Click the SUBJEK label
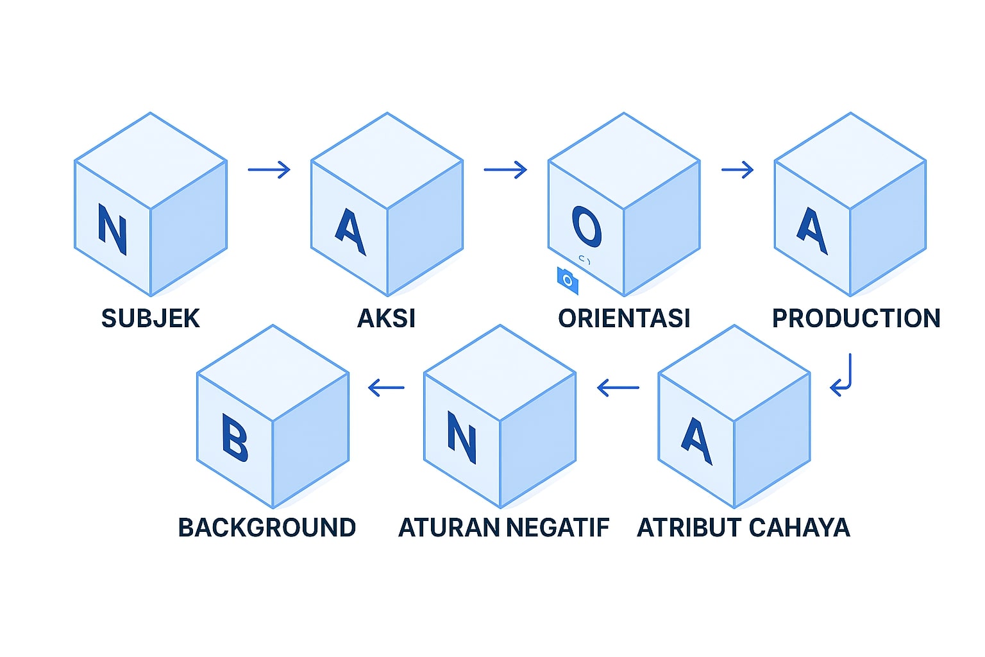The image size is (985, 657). [x=151, y=318]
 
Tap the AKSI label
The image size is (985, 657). [x=386, y=318]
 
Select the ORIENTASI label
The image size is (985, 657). [x=624, y=318]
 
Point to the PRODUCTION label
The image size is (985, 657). [x=856, y=318]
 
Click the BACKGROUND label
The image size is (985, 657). [x=267, y=527]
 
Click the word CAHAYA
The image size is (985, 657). [x=799, y=527]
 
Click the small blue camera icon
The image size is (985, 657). [x=568, y=280]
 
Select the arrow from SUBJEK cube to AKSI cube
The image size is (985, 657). [x=269, y=169]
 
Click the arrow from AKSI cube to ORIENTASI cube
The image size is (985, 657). [x=505, y=169]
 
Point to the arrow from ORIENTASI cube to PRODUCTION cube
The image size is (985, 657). [x=737, y=169]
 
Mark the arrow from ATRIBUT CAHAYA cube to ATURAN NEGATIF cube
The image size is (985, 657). [x=618, y=388]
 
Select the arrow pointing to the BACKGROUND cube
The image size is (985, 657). [x=387, y=388]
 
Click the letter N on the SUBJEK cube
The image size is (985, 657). [x=112, y=230]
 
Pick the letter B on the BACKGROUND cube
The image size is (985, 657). [x=234, y=438]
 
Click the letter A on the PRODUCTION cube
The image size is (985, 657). [x=812, y=230]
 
